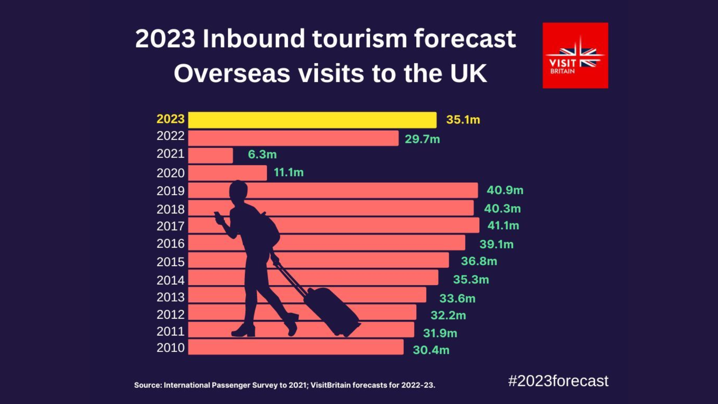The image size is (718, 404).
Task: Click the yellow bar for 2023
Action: (312, 120)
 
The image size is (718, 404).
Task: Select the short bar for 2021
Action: (210, 155)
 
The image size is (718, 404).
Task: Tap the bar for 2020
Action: (227, 173)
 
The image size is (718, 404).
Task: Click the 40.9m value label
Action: (504, 190)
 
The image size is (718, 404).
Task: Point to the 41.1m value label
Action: (503, 226)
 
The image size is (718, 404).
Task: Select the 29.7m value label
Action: (422, 139)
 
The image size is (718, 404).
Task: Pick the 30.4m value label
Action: (431, 350)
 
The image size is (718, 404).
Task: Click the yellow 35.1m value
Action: (463, 120)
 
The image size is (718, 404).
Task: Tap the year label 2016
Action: (171, 244)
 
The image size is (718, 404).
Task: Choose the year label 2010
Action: (171, 348)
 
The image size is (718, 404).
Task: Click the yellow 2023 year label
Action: (171, 119)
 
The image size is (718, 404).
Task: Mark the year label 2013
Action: (171, 297)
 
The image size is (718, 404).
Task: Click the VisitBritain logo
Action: (575, 55)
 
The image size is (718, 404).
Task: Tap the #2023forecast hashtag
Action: (558, 381)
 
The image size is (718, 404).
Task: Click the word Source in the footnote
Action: (147, 385)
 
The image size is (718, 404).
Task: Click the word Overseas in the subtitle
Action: (232, 73)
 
